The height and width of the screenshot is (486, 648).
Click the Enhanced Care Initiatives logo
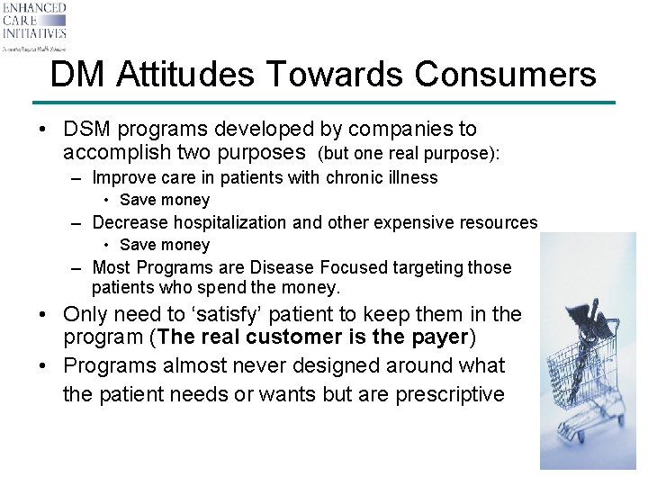pos(34,26)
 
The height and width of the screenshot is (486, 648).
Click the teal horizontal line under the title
pos(324,103)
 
